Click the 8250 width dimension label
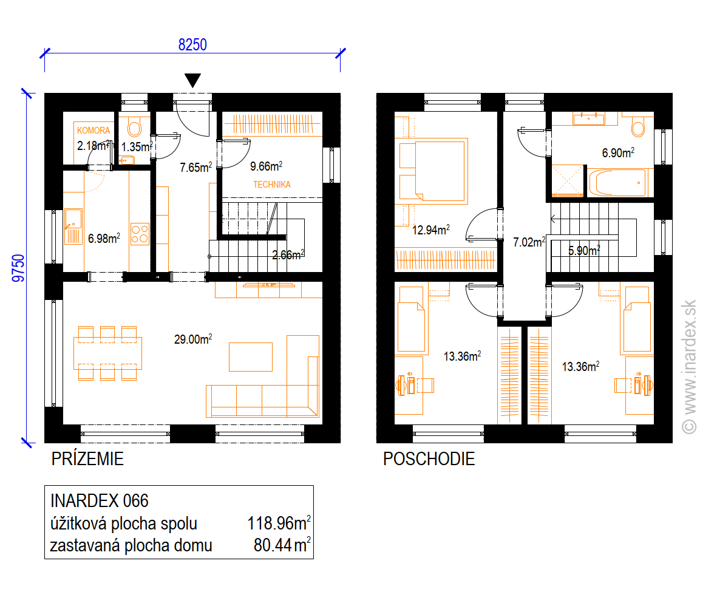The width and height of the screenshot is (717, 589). click(x=192, y=44)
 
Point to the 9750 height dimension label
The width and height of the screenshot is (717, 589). click(x=18, y=268)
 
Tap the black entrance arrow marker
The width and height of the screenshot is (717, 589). click(x=193, y=80)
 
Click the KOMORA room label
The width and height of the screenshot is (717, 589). click(x=93, y=131)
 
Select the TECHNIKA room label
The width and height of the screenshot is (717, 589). click(x=271, y=185)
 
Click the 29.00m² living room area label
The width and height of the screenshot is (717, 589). click(x=193, y=339)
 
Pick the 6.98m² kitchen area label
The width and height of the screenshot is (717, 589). click(x=104, y=238)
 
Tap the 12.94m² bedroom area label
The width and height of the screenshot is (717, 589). click(x=431, y=230)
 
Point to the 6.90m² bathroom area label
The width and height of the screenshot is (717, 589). click(x=618, y=152)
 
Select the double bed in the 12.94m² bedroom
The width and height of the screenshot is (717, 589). click(x=433, y=171)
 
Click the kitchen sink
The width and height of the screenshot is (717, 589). click(x=73, y=226)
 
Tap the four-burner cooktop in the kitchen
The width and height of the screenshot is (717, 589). click(x=140, y=234)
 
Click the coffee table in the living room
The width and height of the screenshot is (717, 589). click(x=251, y=356)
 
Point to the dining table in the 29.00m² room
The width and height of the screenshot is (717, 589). click(x=107, y=353)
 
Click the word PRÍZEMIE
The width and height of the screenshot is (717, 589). click(x=87, y=458)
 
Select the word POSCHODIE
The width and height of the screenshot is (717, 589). click(x=429, y=458)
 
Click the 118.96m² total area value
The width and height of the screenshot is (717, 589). click(x=279, y=523)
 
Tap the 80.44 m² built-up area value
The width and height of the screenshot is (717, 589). click(x=282, y=545)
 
